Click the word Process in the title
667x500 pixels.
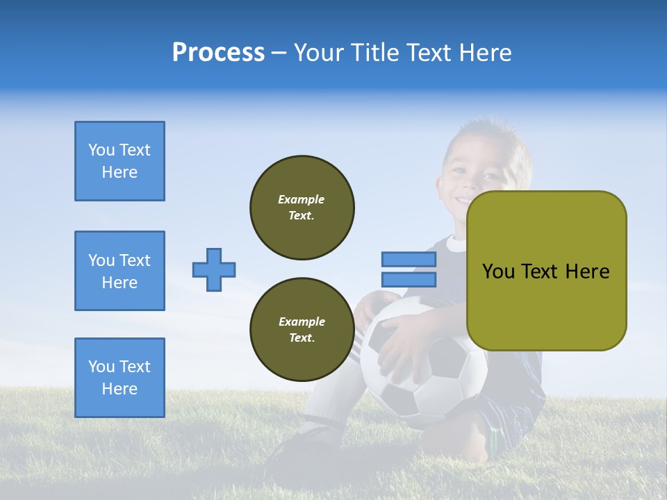click(x=218, y=53)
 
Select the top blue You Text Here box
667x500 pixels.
click(x=120, y=161)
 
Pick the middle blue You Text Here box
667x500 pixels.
click(x=120, y=271)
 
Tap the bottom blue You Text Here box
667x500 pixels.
click(x=120, y=378)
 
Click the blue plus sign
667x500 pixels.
click(x=214, y=269)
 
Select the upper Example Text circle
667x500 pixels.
click(x=302, y=208)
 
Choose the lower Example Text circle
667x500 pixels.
click(x=302, y=330)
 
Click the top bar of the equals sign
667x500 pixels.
click(x=409, y=259)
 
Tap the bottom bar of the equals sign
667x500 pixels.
click(x=409, y=279)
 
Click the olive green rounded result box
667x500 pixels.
click(x=546, y=271)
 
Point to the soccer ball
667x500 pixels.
click(x=424, y=368)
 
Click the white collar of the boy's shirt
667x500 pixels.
click(x=456, y=244)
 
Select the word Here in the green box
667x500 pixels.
click(x=587, y=272)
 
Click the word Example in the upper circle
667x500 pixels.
click(x=302, y=199)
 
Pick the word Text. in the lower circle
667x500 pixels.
click(x=302, y=338)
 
